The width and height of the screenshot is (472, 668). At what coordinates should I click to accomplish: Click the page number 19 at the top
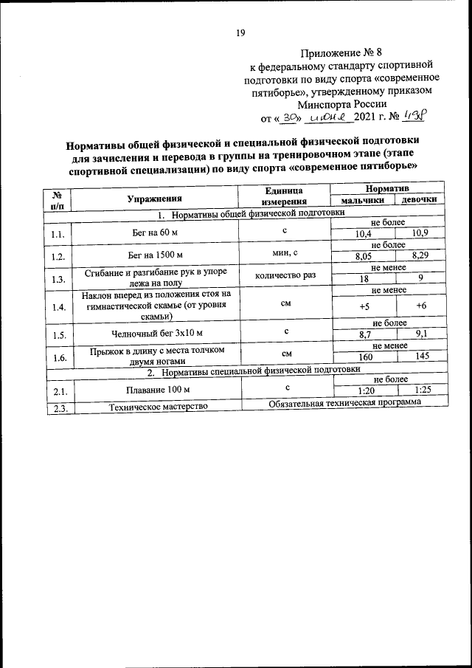click(240, 32)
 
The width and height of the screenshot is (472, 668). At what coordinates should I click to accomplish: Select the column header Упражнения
click(153, 198)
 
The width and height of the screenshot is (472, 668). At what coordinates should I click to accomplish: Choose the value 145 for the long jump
click(420, 357)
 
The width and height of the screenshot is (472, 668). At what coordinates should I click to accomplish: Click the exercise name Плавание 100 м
click(154, 388)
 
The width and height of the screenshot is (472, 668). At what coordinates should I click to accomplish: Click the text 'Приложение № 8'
click(343, 52)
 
